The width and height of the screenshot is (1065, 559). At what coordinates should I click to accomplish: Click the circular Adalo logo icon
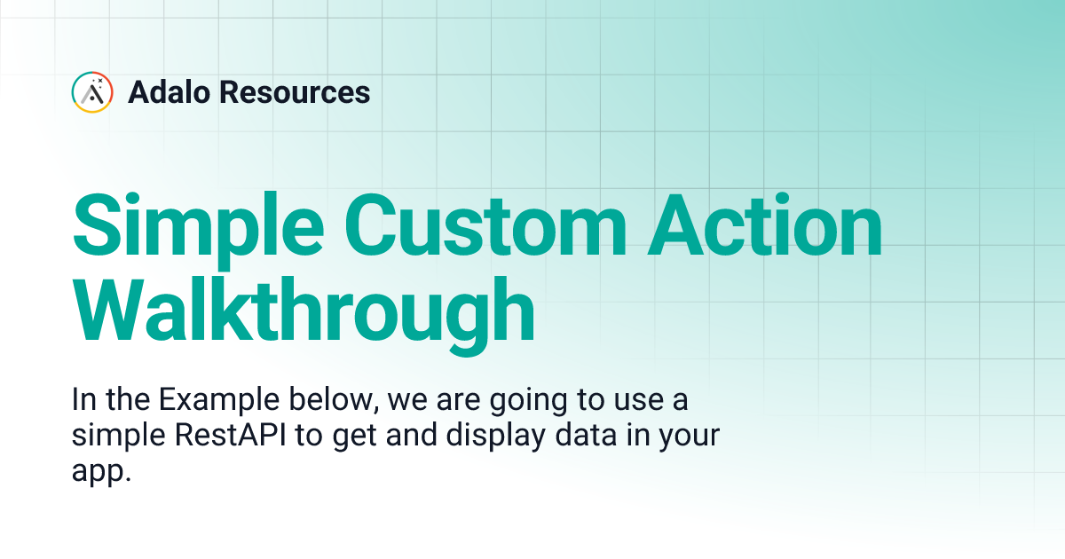tap(92, 92)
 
